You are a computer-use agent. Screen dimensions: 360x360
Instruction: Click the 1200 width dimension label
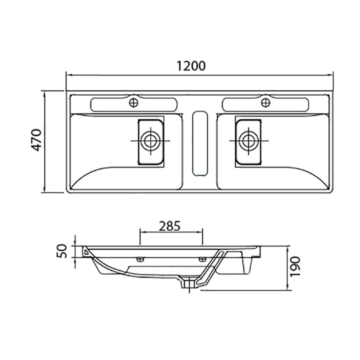pos(191,66)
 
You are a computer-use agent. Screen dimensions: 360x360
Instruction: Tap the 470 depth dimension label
pos(36,140)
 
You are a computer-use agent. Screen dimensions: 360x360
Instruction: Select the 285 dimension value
pos(170,226)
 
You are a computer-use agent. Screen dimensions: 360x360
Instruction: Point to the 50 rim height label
pos(62,251)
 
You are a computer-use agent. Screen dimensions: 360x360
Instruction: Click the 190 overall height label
pos(295,267)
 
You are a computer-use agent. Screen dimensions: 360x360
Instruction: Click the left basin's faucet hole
pos(134,103)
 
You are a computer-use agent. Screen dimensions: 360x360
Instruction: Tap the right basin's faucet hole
pos(266,102)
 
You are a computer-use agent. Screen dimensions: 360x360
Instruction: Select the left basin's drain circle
pos(151,140)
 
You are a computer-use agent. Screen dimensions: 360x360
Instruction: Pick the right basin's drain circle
pos(249,140)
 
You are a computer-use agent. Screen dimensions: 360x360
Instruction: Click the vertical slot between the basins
pos(200,144)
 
